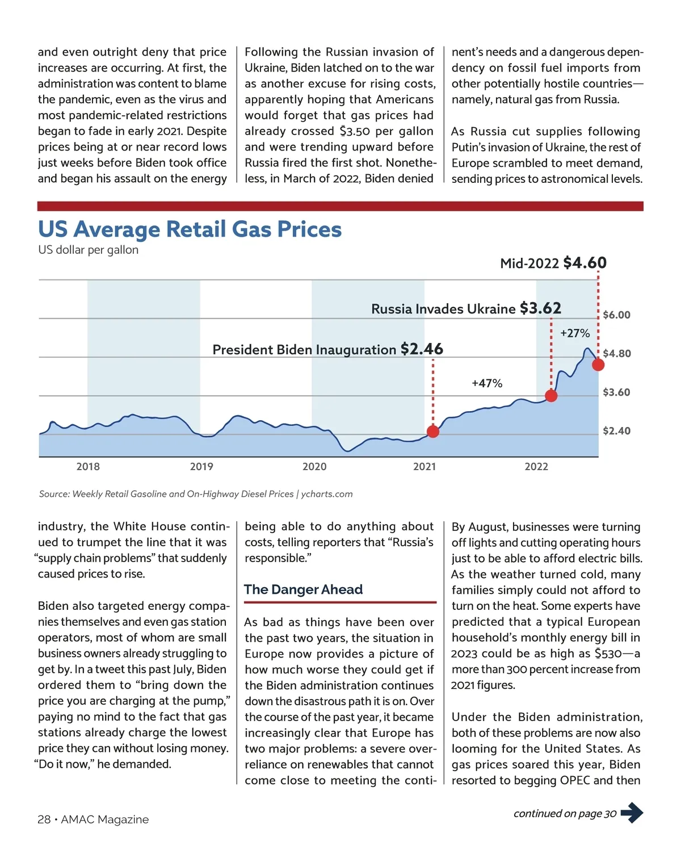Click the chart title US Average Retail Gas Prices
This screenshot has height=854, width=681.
point(190,229)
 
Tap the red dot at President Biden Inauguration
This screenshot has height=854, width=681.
point(433,432)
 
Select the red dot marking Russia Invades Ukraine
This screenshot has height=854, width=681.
point(550,396)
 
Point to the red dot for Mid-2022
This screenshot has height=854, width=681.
point(598,365)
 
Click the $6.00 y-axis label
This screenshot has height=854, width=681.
point(616,315)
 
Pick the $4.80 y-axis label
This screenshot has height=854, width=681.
point(616,354)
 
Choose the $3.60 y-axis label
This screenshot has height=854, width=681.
point(616,392)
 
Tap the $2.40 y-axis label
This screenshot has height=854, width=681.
point(616,431)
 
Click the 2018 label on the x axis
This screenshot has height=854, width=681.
point(88,467)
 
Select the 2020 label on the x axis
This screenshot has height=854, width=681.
point(314,467)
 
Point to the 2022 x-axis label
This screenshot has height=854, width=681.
point(536,467)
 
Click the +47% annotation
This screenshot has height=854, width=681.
point(487,383)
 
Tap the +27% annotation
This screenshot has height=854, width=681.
point(575,333)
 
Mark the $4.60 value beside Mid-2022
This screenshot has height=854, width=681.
point(585,263)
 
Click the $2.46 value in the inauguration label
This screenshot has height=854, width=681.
point(422,349)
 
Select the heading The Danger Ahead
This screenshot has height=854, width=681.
point(303,589)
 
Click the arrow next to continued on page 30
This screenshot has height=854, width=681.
point(632,813)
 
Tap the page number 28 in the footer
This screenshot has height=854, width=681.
point(44,819)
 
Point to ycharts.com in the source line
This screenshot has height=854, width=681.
point(327,494)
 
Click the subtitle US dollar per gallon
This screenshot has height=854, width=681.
point(88,250)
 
